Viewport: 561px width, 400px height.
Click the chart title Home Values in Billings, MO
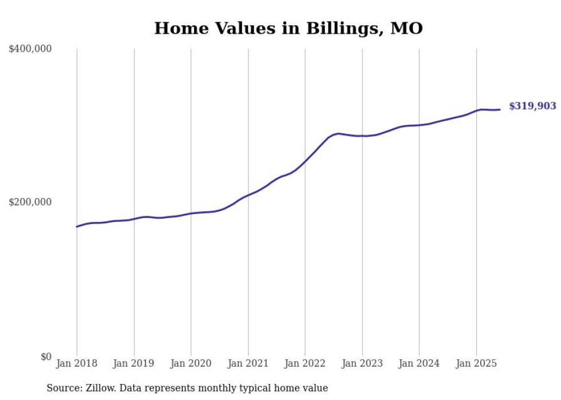point(288,28)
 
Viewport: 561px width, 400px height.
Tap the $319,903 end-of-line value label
point(532,106)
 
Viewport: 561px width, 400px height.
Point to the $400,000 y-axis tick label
point(30,49)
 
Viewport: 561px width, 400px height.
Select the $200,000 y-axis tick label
point(30,202)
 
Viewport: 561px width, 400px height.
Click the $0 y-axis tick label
point(46,357)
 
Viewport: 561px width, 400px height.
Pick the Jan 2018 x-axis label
point(77,363)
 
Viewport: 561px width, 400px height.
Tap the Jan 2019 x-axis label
point(134,363)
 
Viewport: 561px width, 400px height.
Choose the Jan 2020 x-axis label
point(191,363)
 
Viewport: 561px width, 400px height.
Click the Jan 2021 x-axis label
point(248,363)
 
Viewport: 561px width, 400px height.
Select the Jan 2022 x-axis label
point(305,363)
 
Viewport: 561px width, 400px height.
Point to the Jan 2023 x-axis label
point(362,363)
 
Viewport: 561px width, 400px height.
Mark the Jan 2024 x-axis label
point(419,363)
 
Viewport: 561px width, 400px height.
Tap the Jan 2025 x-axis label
point(476,363)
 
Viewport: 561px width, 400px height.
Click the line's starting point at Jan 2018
point(77,227)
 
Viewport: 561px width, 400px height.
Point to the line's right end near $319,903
point(500,109)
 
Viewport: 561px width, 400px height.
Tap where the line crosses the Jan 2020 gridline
point(191,213)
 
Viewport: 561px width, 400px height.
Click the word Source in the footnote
point(62,388)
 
